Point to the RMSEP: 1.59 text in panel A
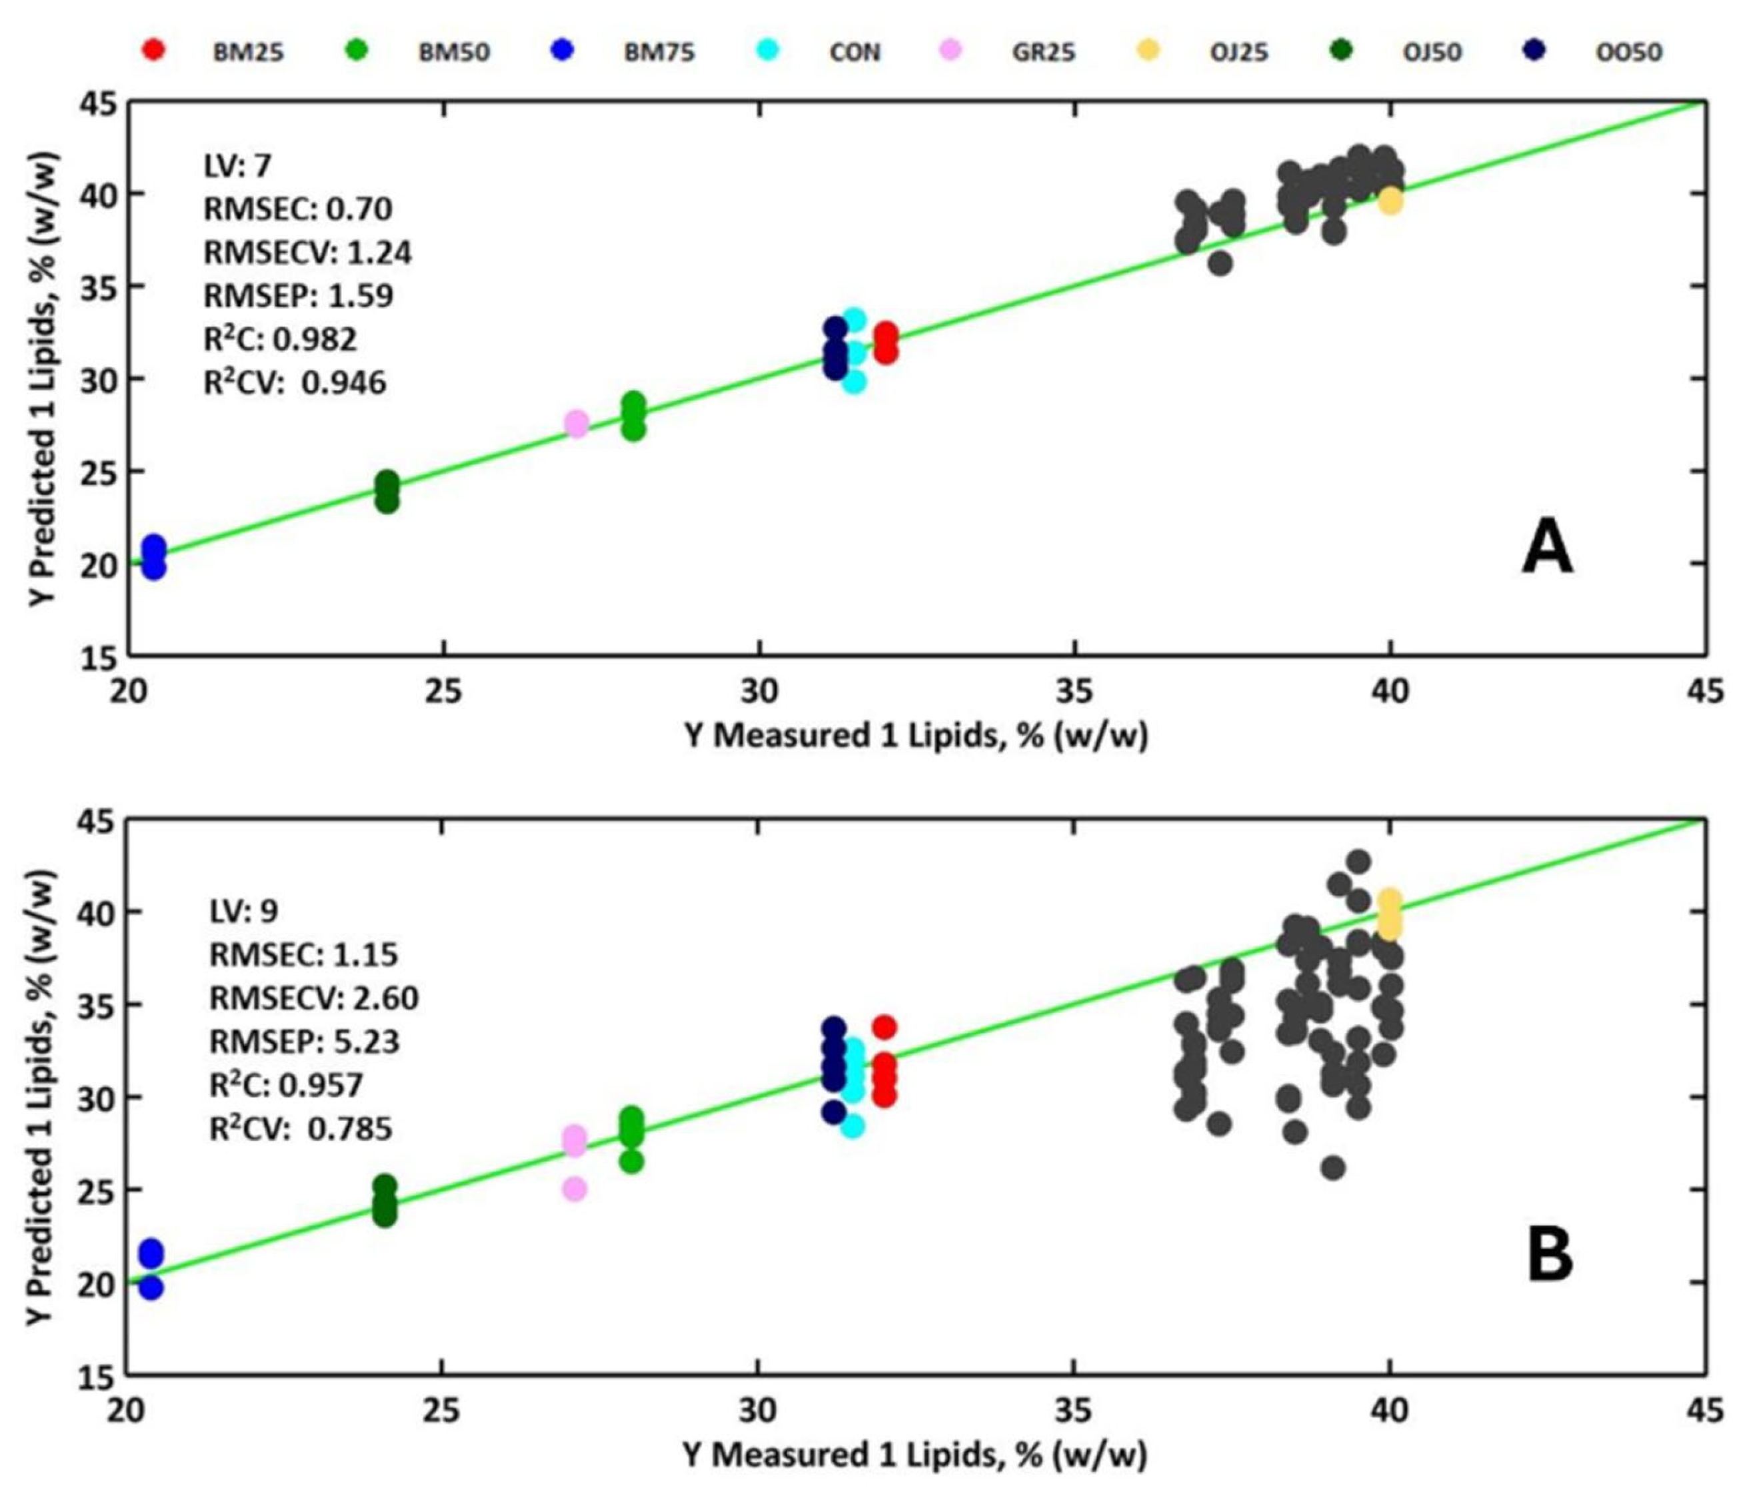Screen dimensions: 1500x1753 (298, 295)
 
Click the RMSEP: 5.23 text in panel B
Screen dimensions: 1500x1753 (304, 1041)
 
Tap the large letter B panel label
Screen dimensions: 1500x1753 (1549, 1255)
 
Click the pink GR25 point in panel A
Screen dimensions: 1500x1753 (576, 423)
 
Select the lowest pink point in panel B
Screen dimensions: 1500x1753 (575, 1189)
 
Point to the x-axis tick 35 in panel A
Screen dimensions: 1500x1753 (1074, 691)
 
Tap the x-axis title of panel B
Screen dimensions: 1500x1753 (914, 1453)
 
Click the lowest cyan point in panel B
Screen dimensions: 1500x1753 (852, 1126)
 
